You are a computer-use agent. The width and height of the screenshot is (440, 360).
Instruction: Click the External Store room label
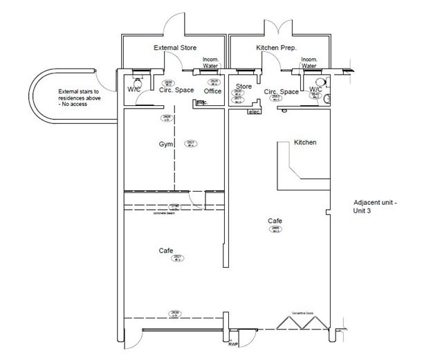coord(174,48)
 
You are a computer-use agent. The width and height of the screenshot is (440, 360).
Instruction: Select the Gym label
coord(165,145)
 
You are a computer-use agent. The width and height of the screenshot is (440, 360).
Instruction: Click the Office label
coord(212,91)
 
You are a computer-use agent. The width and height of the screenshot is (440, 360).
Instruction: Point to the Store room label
coord(244,87)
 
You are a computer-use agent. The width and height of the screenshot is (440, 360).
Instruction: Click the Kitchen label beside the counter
coord(305,142)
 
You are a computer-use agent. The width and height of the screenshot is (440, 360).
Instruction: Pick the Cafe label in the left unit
coord(165,250)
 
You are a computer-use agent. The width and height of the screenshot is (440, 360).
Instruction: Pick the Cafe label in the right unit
coord(275,221)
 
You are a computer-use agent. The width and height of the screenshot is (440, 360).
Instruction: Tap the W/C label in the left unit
coord(134,91)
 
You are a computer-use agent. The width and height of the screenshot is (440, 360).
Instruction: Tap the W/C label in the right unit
coord(315,90)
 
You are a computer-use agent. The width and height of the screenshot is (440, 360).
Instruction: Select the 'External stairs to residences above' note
coord(78,98)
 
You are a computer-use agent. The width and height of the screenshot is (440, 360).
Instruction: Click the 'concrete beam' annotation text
coord(164,213)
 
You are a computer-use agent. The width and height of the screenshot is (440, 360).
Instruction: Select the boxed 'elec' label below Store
coord(253,111)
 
